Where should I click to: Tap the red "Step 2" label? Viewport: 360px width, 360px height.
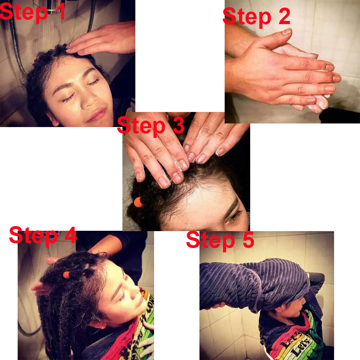coord(256,16)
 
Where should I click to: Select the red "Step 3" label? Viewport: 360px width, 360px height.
coord(151,125)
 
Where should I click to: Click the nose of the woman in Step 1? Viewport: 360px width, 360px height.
coord(89,100)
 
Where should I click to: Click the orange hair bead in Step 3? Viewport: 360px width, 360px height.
coord(139,202)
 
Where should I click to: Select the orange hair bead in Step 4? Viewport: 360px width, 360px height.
coord(66,275)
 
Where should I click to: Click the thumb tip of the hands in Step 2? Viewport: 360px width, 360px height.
coord(287,31)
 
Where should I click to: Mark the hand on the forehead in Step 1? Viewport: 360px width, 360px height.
coord(101,39)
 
